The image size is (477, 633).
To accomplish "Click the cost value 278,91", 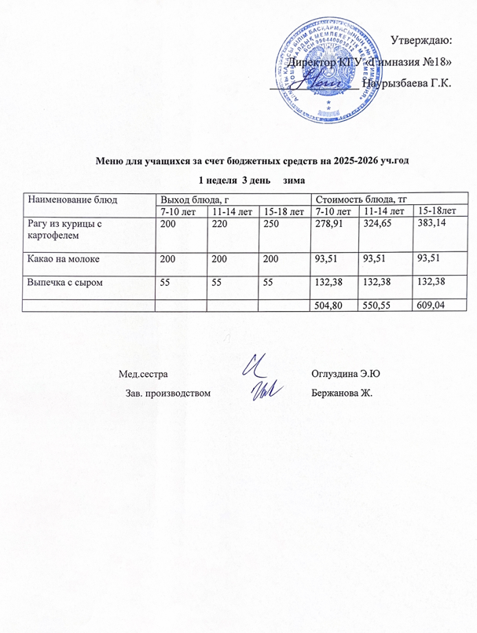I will point(330,224).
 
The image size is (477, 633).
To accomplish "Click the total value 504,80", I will point(330,304).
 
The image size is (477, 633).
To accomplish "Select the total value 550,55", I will point(378,304).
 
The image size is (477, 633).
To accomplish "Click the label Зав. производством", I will point(169,392).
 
